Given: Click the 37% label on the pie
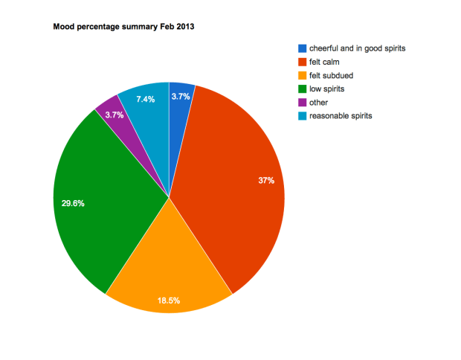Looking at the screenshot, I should coord(266,181).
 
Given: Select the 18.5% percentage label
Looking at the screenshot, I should coord(168,300).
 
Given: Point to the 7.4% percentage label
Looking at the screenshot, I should coord(146,99).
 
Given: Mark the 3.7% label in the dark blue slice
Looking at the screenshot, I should coord(181,96).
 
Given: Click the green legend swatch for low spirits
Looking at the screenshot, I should coord(302,89).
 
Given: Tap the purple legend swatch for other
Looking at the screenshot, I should coord(302,103).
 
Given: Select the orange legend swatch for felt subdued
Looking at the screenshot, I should coord(302,76).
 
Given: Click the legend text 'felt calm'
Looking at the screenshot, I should coord(325,62).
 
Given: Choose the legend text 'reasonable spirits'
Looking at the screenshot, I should coord(341,116).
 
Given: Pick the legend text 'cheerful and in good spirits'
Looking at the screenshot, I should coord(357,49).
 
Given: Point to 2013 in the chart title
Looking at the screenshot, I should coord(184,28).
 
